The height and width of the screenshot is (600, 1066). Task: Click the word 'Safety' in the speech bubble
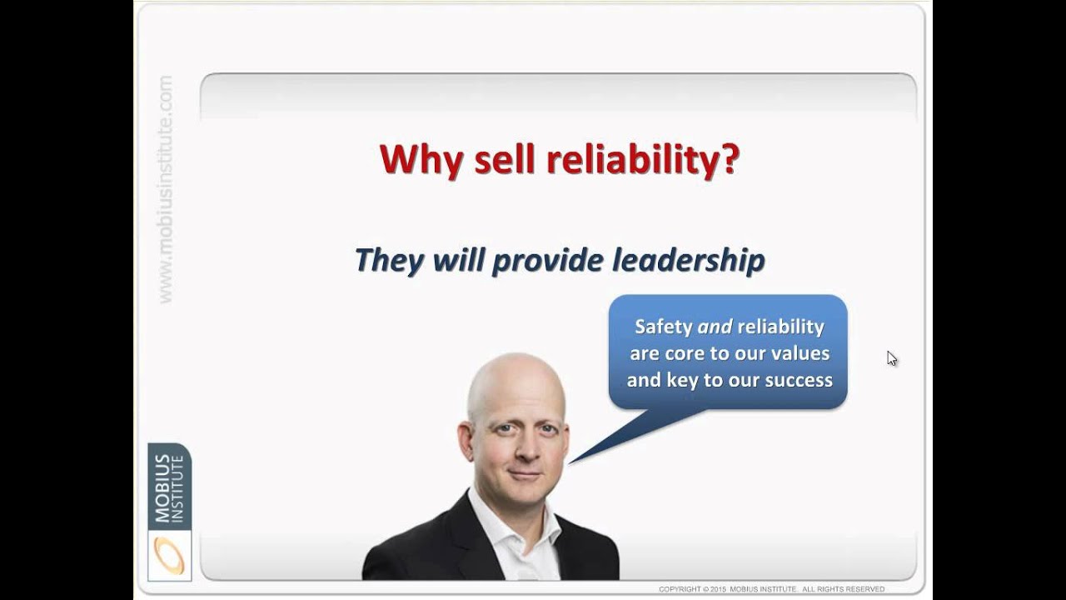tap(664, 327)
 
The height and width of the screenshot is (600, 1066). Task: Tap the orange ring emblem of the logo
tap(169, 555)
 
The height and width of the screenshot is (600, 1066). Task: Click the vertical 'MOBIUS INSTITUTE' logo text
tap(169, 487)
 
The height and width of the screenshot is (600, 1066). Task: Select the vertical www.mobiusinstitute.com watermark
tap(165, 189)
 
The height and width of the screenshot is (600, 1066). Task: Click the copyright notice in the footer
tap(771, 589)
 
